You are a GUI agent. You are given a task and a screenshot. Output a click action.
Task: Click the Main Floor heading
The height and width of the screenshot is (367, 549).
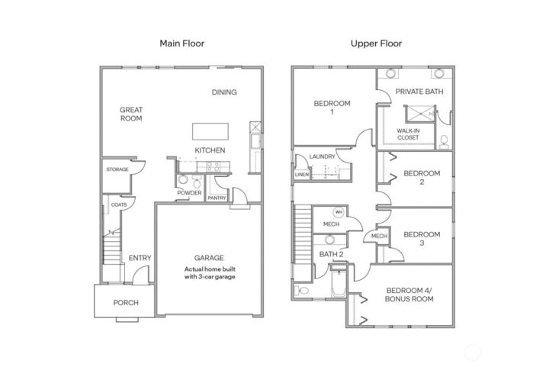181,43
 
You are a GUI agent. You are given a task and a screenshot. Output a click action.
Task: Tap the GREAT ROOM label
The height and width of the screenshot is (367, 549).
131,114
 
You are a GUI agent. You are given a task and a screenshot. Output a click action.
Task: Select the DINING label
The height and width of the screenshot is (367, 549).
224,92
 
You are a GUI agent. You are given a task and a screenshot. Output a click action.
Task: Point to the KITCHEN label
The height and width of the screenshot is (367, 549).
210,150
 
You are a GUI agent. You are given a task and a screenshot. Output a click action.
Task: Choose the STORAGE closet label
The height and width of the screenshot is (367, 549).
117,169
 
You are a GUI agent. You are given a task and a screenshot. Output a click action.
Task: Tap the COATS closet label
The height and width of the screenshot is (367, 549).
119,204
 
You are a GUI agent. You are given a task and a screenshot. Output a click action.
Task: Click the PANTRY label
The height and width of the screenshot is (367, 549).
217,198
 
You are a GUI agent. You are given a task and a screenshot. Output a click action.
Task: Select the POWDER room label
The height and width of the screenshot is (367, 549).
188,193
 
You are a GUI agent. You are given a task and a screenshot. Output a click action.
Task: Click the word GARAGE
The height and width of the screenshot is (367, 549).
209,258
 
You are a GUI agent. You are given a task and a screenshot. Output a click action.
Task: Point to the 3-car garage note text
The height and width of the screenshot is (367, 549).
209,273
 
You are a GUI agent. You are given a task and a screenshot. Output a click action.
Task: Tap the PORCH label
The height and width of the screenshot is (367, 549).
126,303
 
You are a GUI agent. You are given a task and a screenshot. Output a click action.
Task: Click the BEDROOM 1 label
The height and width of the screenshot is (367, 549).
332,108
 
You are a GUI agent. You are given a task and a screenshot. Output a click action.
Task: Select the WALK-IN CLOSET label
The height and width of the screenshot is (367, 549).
409,134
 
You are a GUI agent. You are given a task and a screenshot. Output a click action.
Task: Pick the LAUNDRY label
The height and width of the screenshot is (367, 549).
322,157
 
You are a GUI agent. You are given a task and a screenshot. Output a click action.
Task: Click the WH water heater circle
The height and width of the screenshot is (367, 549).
337,212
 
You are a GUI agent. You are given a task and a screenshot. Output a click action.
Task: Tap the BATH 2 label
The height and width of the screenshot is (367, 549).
331,253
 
